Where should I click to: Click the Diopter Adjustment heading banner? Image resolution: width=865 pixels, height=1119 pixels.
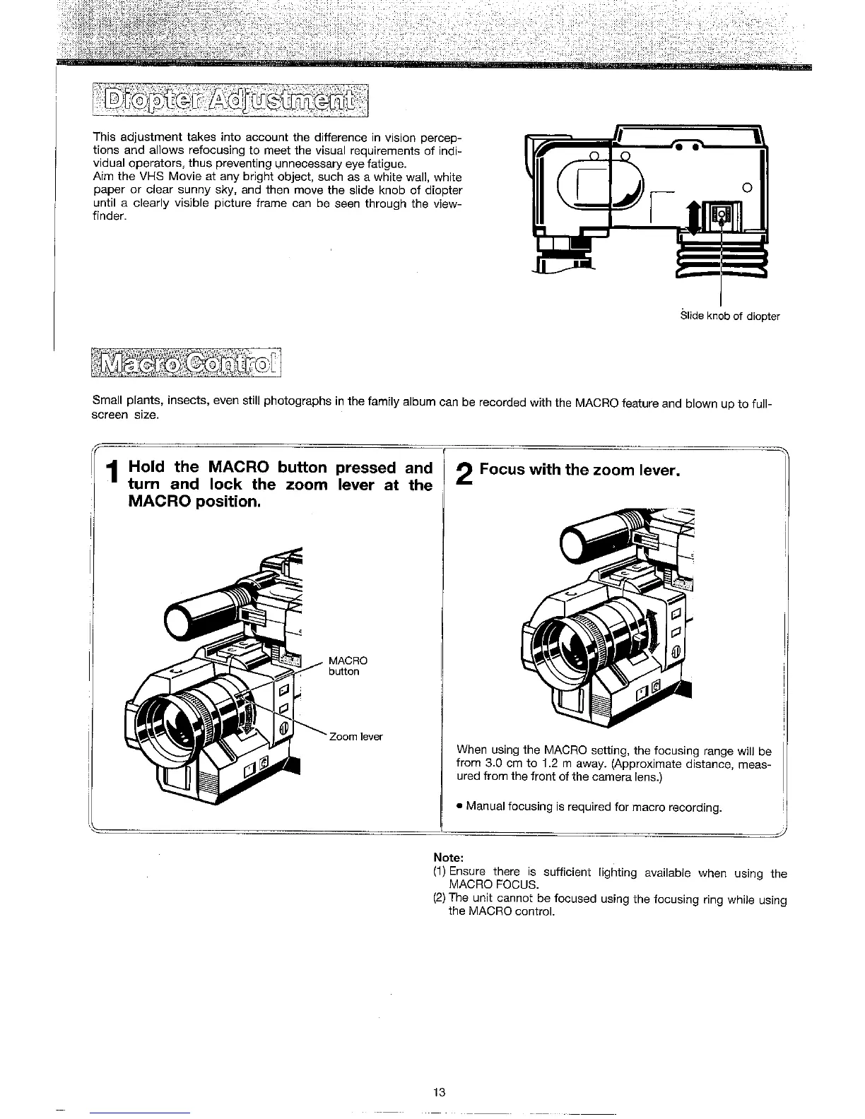(x=235, y=103)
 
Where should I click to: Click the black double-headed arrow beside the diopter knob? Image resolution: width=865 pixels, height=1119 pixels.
(x=695, y=216)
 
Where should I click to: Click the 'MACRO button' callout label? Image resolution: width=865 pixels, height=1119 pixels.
(x=348, y=666)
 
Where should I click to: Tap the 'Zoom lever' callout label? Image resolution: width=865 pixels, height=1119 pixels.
(x=355, y=737)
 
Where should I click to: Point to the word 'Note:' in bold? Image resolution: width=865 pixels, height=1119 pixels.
(x=448, y=858)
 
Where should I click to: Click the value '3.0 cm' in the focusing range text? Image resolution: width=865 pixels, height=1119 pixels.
(x=500, y=764)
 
